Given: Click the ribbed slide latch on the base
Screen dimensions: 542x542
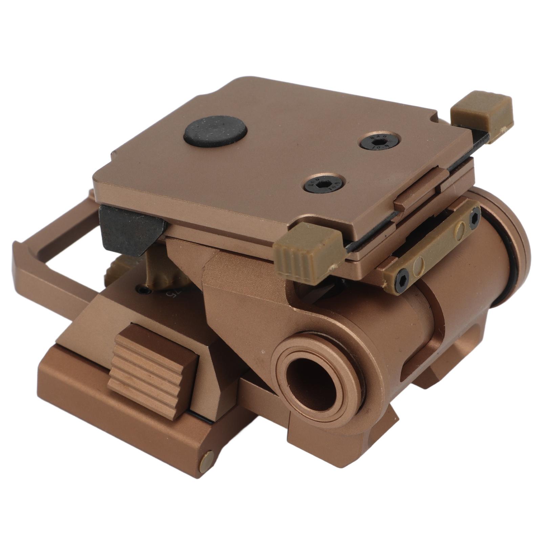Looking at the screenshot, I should [153, 370].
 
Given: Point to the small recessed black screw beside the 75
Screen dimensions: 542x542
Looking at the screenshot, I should [144, 290].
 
